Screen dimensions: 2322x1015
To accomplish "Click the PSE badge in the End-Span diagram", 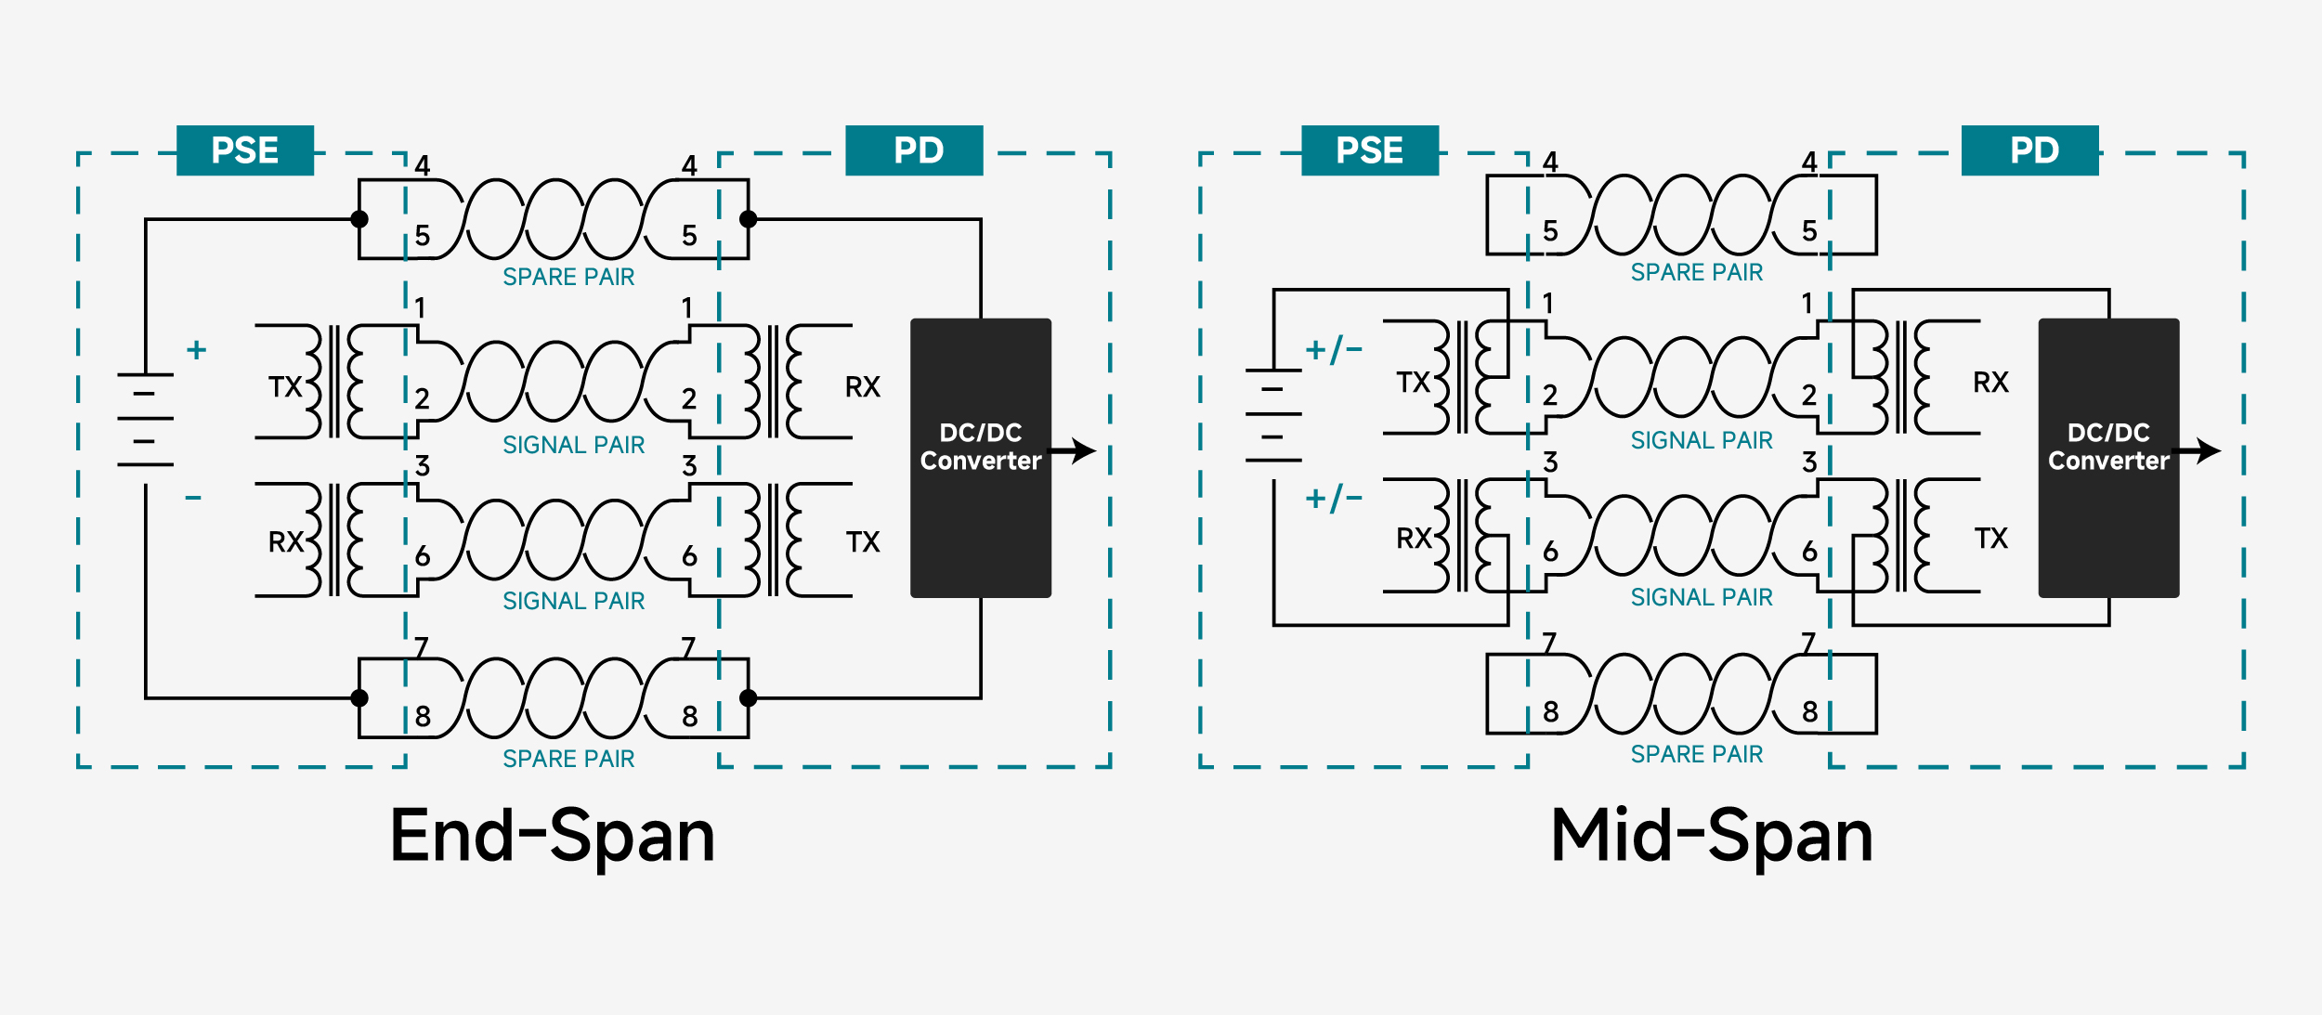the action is (x=245, y=150).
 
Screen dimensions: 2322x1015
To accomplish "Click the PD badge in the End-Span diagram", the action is (x=914, y=150).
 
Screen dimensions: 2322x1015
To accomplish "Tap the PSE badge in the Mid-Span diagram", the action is (x=1370, y=150).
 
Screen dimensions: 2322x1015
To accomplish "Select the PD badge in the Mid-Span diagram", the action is (x=2030, y=150).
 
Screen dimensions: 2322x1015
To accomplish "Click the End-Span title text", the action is (x=553, y=837).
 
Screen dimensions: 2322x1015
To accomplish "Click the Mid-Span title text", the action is (x=1712, y=837).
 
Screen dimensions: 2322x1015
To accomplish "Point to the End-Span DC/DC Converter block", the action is (x=981, y=458).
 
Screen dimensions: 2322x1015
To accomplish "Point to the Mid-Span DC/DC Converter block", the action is (x=2108, y=458).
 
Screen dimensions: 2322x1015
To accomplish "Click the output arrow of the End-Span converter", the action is (x=1074, y=451).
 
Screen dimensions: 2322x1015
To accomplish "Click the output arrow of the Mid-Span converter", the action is (x=2198, y=451).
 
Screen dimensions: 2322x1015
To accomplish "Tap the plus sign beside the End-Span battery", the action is (x=196, y=350).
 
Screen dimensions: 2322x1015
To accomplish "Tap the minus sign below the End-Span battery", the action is (x=193, y=498).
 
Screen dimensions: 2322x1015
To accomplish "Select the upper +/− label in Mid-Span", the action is (x=1334, y=349).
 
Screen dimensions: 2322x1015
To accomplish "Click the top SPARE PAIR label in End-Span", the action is (x=568, y=277).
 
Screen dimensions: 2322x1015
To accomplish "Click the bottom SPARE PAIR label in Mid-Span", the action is (x=1697, y=754).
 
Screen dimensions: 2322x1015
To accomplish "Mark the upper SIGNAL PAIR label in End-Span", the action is (x=574, y=445).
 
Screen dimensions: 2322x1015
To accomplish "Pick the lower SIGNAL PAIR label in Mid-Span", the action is (x=1702, y=597).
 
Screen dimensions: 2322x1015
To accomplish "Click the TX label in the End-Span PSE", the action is (x=285, y=386).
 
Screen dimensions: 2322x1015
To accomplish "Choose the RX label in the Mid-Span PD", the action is (x=1991, y=382).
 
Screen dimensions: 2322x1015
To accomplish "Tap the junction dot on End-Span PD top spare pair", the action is (x=749, y=219).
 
